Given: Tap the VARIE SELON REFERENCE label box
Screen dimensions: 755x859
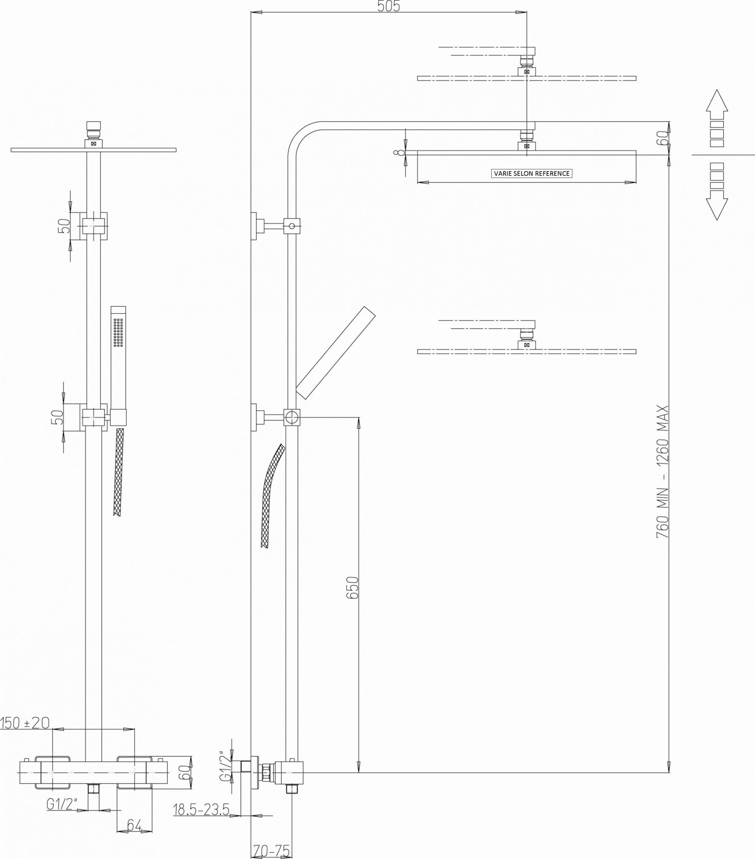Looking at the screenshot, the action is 532,173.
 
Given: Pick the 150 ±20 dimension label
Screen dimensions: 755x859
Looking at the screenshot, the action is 25,723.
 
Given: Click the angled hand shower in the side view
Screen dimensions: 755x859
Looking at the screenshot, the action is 335,352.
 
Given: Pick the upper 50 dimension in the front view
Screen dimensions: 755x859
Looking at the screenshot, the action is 63,226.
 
